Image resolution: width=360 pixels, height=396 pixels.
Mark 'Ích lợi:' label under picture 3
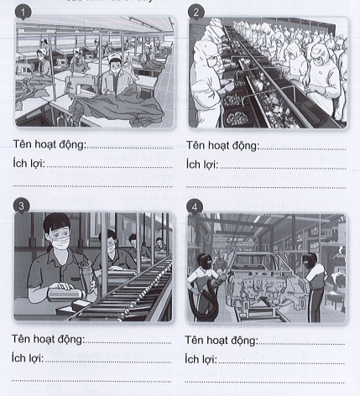point(31,358)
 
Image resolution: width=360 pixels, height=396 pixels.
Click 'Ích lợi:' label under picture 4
point(201,358)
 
